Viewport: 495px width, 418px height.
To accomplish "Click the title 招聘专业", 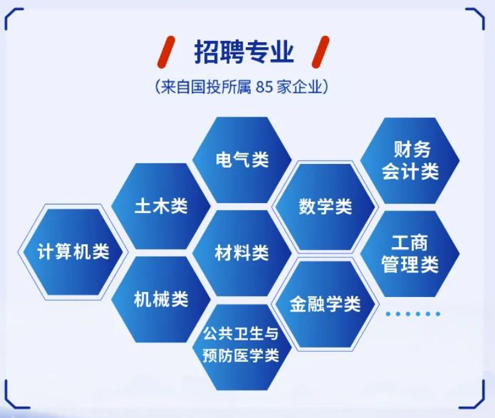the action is [x=244, y=52].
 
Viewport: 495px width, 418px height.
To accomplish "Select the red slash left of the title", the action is [x=166, y=52].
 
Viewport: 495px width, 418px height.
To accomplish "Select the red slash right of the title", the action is [x=320, y=52].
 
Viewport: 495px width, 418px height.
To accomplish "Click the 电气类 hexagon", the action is [x=242, y=160].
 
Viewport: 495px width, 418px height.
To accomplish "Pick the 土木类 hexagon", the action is [x=161, y=206].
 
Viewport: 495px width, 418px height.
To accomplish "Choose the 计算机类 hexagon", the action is [x=73, y=252].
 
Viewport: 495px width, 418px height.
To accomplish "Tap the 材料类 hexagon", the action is [x=242, y=253].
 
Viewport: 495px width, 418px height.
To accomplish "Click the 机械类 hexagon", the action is [x=161, y=299].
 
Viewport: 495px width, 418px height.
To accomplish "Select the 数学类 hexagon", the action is [x=325, y=207].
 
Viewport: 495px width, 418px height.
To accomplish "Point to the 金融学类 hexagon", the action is [x=325, y=305].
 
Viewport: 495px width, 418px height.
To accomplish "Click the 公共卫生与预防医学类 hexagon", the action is [x=242, y=347].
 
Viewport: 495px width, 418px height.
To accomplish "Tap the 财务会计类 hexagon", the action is [x=410, y=161].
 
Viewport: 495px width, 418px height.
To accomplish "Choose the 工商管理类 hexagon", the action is [x=410, y=254].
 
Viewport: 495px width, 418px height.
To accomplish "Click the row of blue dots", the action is [x=413, y=314].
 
